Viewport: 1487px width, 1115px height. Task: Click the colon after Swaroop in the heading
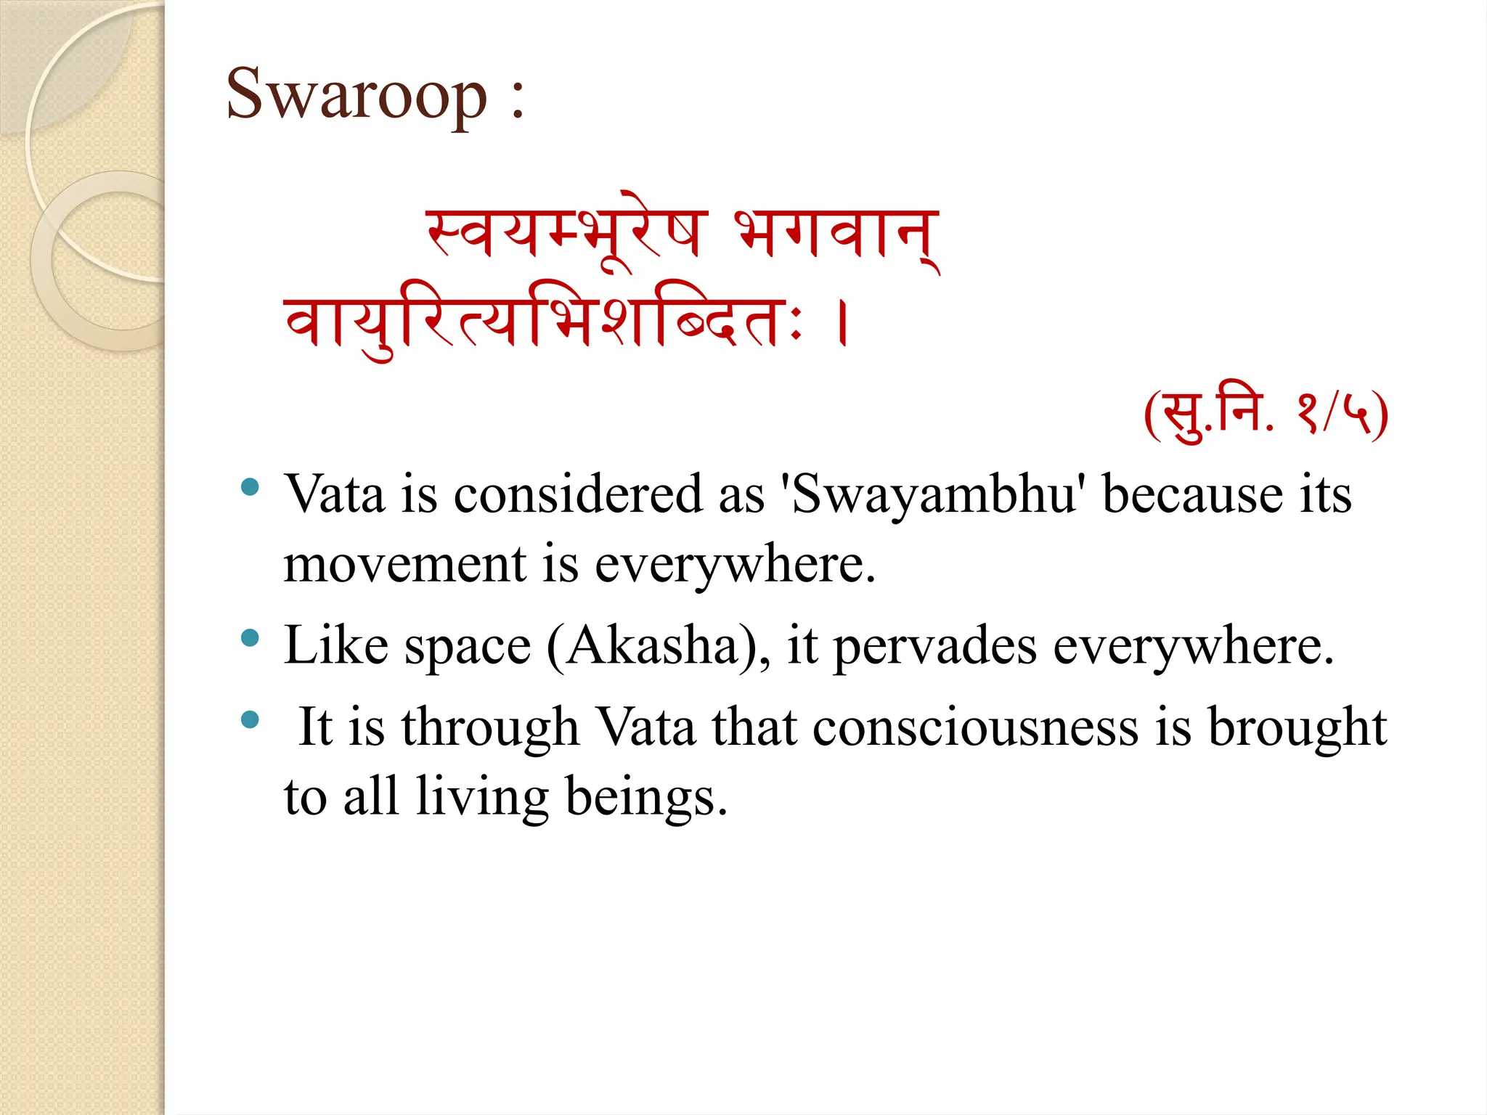(x=517, y=102)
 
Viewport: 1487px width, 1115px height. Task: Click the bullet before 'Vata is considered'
(x=250, y=487)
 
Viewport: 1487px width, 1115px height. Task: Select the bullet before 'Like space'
(x=250, y=638)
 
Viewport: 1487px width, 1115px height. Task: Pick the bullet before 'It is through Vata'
(x=250, y=719)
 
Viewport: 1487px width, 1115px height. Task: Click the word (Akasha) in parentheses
(x=657, y=645)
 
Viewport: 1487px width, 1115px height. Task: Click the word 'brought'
(x=1296, y=727)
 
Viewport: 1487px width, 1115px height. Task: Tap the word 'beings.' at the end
(x=645, y=797)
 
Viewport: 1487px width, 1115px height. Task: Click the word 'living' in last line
(x=482, y=797)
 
